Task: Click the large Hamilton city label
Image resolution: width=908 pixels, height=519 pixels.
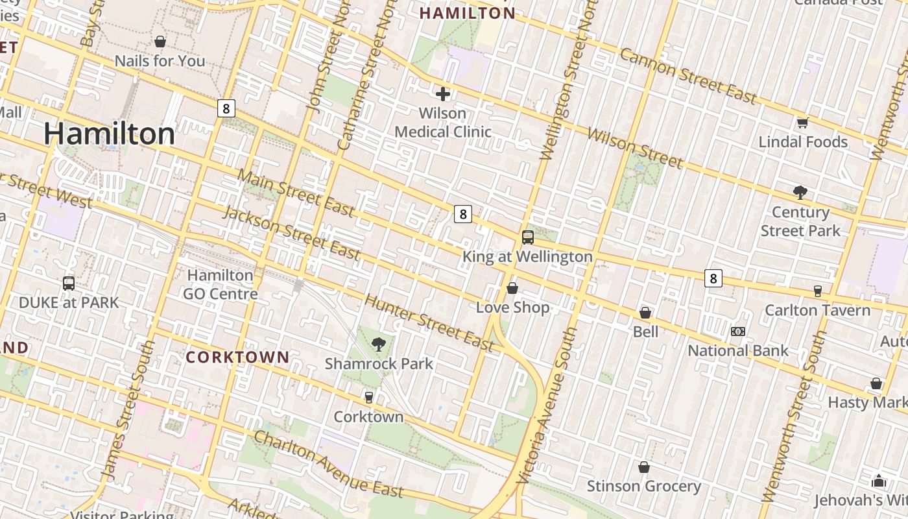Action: point(110,134)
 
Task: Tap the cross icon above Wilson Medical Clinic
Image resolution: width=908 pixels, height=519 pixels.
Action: point(443,95)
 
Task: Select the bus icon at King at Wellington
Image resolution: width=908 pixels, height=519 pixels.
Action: point(527,237)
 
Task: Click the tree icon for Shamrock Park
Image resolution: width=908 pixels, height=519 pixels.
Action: point(379,344)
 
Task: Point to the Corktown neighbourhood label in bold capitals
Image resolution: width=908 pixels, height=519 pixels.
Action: point(237,357)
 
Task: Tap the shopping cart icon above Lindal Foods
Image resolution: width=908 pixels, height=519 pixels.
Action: point(802,123)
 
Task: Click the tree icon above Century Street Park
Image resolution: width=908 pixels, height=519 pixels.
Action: point(800,193)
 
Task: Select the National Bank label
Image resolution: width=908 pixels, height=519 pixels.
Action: point(738,351)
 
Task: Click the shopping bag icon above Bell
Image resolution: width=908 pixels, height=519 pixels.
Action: point(645,313)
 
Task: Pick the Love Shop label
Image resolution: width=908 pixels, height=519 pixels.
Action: point(512,308)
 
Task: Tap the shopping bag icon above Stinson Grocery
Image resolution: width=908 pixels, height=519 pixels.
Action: point(644,467)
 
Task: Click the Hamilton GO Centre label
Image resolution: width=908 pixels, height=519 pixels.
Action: point(220,284)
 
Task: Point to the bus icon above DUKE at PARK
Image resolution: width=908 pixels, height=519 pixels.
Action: point(69,284)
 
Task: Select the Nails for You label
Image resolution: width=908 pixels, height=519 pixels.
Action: point(160,61)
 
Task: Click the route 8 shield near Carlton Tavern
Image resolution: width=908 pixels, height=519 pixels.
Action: point(713,278)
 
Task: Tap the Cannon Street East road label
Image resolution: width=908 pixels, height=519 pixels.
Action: point(688,75)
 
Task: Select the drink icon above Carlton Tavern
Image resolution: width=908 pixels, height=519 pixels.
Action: point(817,291)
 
